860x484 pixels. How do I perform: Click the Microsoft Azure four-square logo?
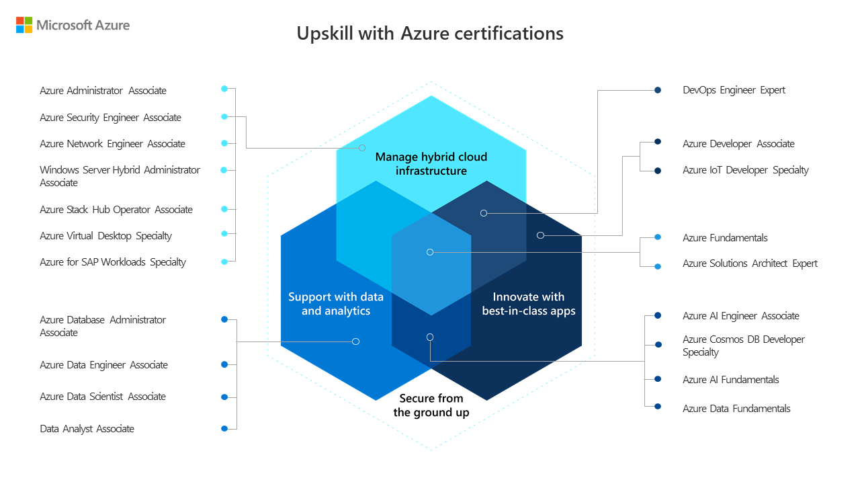24,26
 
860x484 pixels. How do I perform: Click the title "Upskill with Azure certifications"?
430,33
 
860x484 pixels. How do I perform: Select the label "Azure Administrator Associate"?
103,91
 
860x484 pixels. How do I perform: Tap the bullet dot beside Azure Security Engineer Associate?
224,116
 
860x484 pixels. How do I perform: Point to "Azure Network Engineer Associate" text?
112,144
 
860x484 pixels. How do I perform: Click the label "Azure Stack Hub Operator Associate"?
116,210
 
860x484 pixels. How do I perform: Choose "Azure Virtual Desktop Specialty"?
105,236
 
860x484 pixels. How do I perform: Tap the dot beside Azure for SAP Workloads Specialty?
224,261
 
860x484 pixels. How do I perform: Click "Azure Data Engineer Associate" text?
103,365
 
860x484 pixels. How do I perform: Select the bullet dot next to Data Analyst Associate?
224,428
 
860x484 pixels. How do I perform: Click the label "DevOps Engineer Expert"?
734,90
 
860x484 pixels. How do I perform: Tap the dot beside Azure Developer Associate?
658,142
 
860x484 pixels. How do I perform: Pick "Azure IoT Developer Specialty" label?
745,170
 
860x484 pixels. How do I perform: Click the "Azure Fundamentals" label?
725,238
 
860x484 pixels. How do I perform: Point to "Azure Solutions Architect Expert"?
750,264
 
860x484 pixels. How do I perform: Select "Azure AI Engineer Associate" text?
740,316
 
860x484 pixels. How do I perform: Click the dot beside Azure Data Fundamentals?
658,406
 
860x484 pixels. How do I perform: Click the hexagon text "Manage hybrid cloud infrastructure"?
431,164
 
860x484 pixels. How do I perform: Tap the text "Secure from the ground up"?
431,405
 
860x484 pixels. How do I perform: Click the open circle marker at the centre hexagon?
430,252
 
